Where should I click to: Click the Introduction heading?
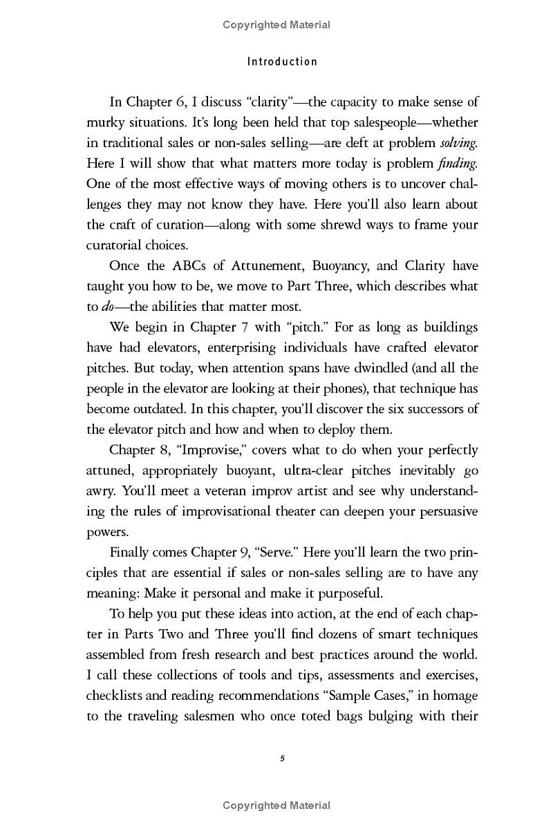[282, 61]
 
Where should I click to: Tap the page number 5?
[282, 758]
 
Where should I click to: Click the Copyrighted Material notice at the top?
[276, 25]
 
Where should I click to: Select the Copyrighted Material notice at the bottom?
[276, 806]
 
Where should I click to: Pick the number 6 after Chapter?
[181, 102]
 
